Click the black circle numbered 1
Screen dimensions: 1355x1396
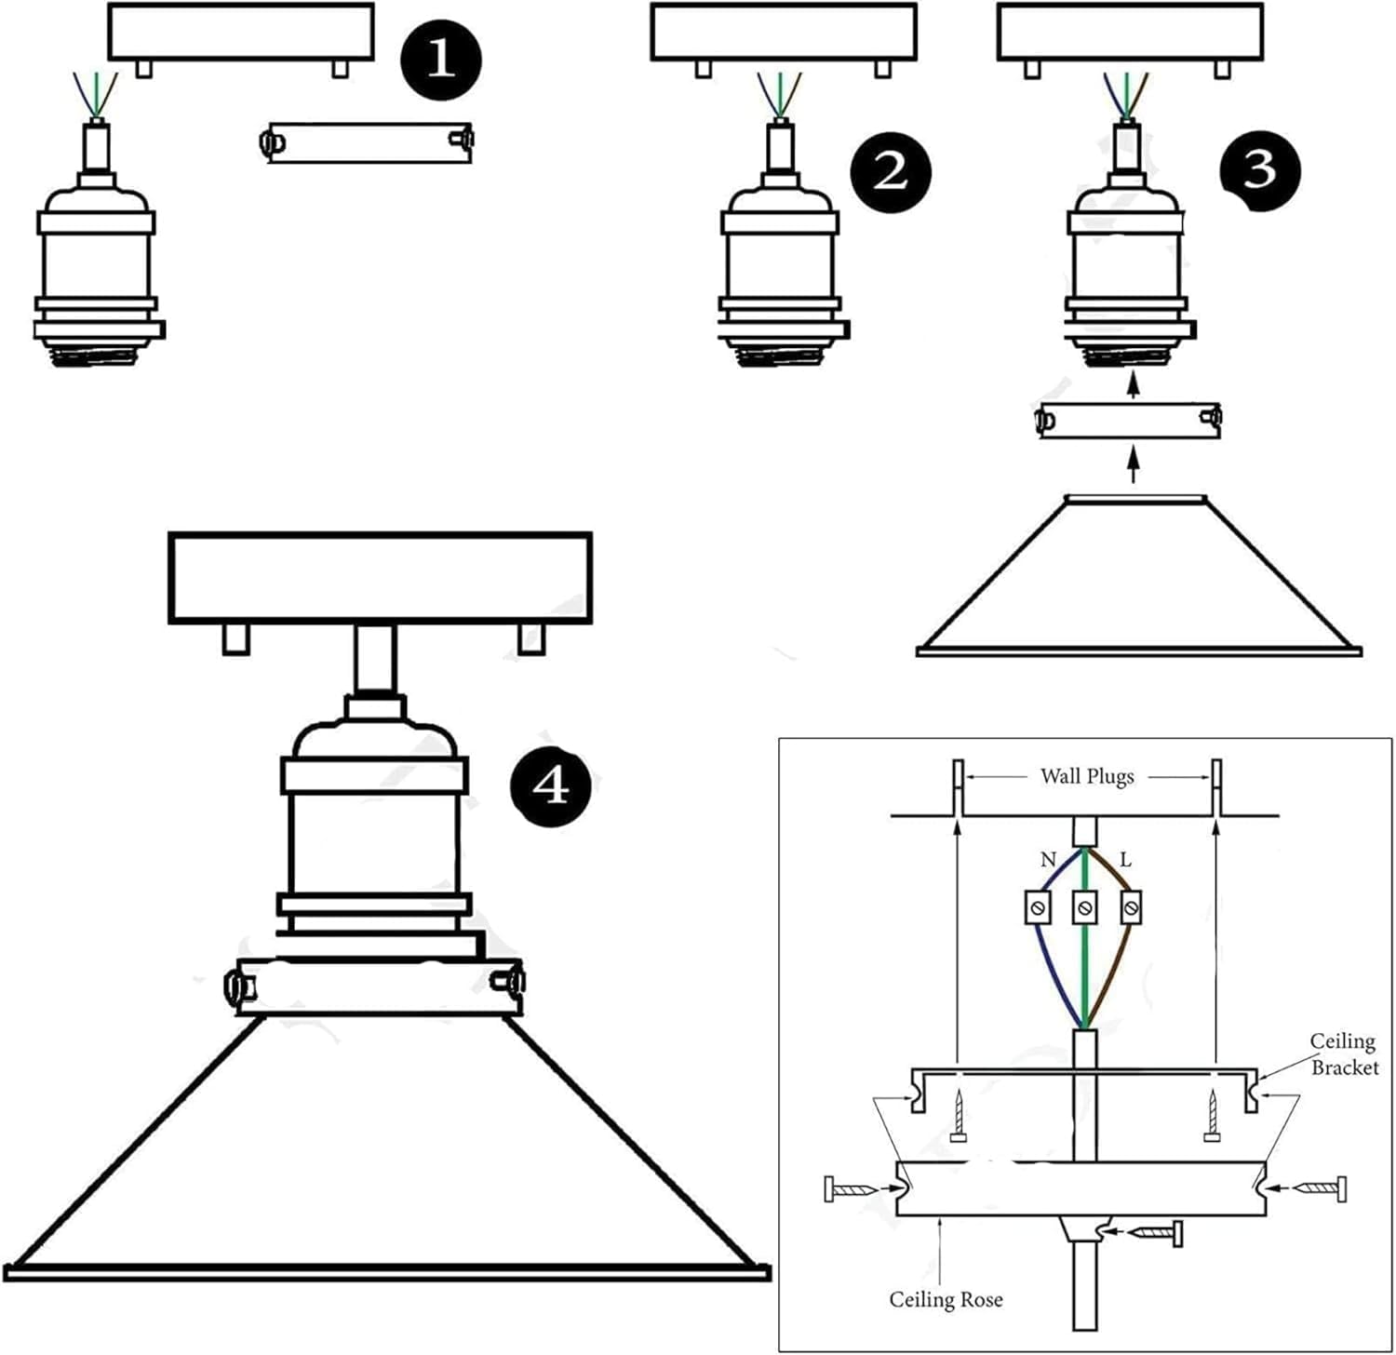440,60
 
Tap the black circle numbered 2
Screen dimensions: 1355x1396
890,172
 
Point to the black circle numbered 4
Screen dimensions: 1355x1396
551,787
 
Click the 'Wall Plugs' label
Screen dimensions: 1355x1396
1086,776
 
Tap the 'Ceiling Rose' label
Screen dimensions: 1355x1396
946,1299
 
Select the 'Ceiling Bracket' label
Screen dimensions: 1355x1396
1343,1054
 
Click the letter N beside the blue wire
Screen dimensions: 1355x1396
1048,860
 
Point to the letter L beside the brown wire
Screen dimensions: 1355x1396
1125,860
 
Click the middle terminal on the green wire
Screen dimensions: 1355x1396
1084,906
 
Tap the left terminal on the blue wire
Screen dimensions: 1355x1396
1039,906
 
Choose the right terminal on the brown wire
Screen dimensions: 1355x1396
1131,906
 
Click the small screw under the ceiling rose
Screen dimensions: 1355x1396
1155,1233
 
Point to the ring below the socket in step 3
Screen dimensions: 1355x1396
1129,422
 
